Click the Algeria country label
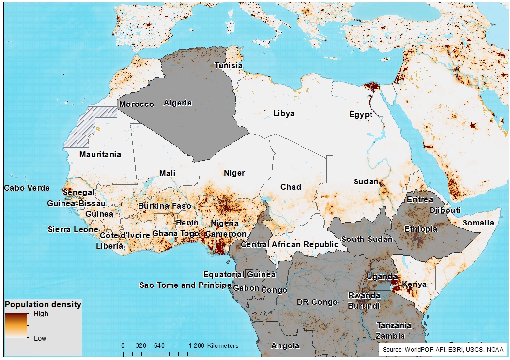178,103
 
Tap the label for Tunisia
229,65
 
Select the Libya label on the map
283,113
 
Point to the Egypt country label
361,114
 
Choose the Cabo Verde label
27,188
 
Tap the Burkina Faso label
165,206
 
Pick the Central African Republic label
290,244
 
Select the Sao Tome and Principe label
185,285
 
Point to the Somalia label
478,223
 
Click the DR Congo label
317,302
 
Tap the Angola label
285,345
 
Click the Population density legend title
43,305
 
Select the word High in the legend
41,314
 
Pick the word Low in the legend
40,338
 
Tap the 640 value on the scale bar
159,345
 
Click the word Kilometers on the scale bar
223,345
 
